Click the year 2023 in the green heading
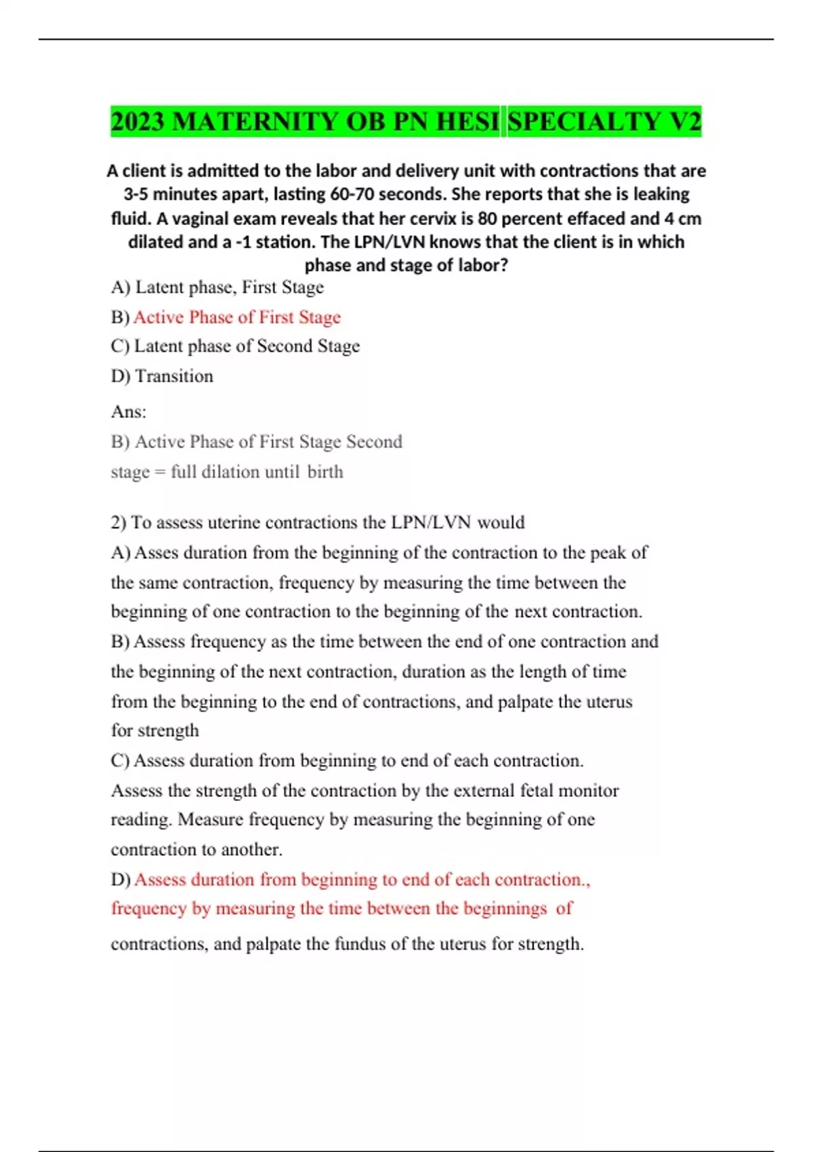pos(138,122)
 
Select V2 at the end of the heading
pos(685,122)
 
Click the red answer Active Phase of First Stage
pos(236,317)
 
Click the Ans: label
pos(128,411)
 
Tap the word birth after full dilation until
pos(325,472)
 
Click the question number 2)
pos(119,522)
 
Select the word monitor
pos(594,791)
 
